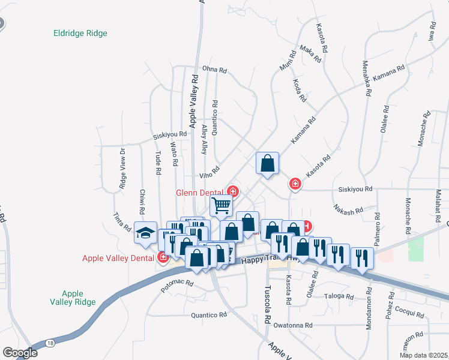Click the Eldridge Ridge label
[80, 34]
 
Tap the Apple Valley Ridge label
[73, 298]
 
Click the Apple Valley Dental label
[119, 259]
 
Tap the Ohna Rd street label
[214, 70]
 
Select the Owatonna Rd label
[293, 325]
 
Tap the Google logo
[20, 353]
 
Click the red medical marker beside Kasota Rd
[295, 184]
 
